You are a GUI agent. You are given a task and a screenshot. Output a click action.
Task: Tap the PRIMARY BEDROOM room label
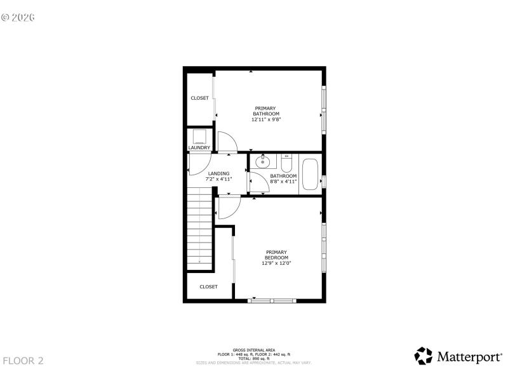pos(276,254)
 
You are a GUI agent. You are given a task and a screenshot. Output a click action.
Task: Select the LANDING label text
pos(218,173)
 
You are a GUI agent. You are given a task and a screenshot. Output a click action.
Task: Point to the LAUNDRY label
pos(199,148)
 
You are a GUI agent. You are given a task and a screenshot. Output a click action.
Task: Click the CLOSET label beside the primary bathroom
pos(199,98)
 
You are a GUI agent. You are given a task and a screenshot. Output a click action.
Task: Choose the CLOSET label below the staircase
pos(208,287)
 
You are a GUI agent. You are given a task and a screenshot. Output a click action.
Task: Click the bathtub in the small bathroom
pos(310,175)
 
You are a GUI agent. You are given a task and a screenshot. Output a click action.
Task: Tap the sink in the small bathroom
pos(262,163)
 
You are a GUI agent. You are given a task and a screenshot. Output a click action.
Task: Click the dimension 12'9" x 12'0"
pos(276,263)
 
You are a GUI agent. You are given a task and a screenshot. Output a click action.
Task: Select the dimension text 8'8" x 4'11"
pos(283,181)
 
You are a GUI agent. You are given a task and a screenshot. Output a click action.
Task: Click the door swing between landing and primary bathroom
pos(226,142)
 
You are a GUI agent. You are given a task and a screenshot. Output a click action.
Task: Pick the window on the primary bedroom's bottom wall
pos(272,300)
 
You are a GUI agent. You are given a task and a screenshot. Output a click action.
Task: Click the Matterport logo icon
pos(424,356)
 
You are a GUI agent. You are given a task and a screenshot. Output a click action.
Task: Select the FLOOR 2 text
pos(23,361)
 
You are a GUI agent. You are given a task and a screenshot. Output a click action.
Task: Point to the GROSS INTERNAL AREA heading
pos(253,350)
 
